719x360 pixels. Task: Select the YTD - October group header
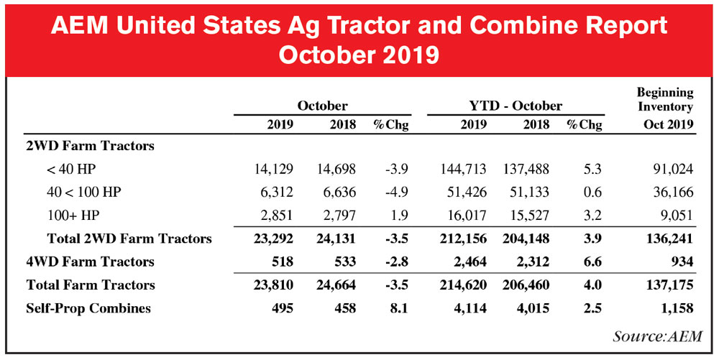pyautogui.click(x=516, y=105)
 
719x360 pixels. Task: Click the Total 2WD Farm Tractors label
pyautogui.click(x=129, y=239)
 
